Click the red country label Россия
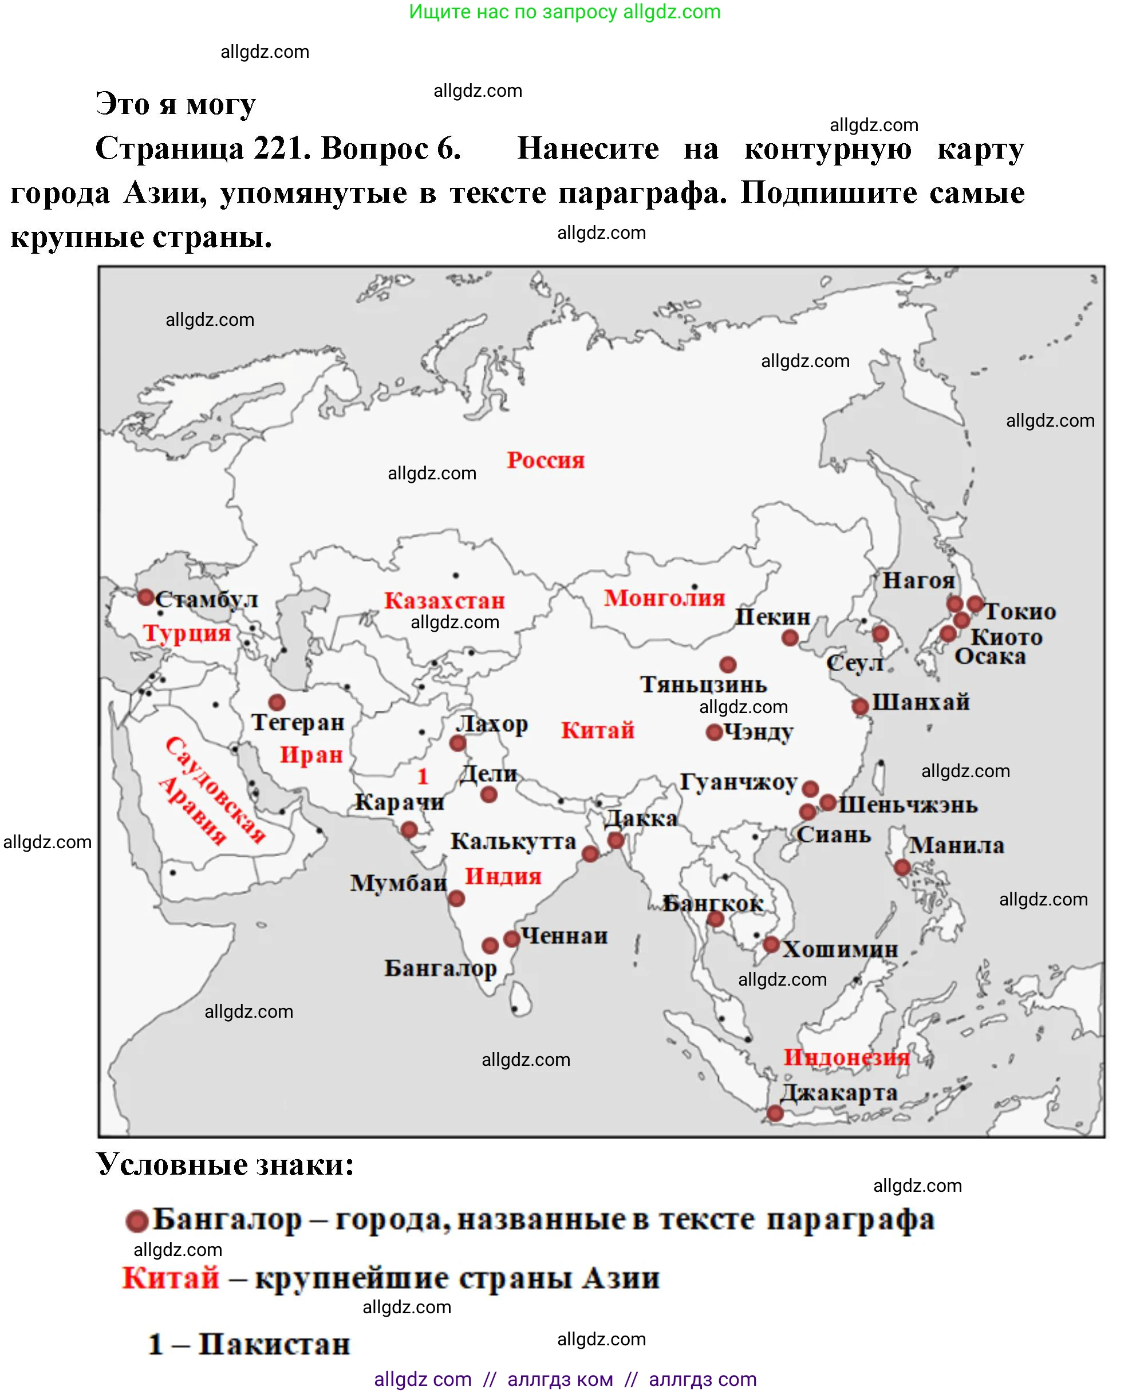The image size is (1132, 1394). coord(546,460)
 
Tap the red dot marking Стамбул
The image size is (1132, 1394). coord(145,597)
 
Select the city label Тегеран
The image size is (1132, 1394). coord(298,722)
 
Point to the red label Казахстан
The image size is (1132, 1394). coord(444,600)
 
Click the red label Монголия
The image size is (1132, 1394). coord(664,597)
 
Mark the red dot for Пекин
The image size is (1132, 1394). coord(790,637)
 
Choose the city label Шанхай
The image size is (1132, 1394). coord(921,702)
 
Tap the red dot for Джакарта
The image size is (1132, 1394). coord(775,1113)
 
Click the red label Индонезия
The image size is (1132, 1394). coord(846,1057)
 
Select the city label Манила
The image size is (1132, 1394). coord(957,845)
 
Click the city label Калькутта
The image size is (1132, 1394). coord(513,841)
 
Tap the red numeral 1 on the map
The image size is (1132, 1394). coord(423,776)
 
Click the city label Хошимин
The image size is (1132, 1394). coord(840,949)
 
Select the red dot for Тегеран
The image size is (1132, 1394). coord(277,702)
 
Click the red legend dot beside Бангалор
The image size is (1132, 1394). coord(136,1221)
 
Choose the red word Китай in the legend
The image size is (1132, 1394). coord(171,1278)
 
